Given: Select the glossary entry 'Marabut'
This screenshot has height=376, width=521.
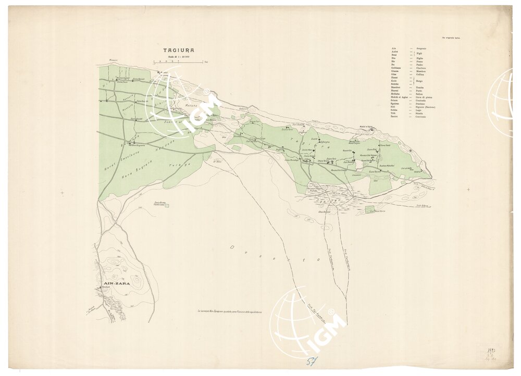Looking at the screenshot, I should point(396,87).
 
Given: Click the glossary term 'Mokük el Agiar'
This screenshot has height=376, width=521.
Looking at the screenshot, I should point(399,97).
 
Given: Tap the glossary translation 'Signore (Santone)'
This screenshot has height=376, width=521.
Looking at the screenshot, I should point(426,107).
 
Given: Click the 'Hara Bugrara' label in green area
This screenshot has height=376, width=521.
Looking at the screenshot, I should point(148,162).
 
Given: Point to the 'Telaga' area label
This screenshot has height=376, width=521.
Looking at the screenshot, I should point(179,164).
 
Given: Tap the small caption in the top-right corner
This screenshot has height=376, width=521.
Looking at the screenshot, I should point(450,38).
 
